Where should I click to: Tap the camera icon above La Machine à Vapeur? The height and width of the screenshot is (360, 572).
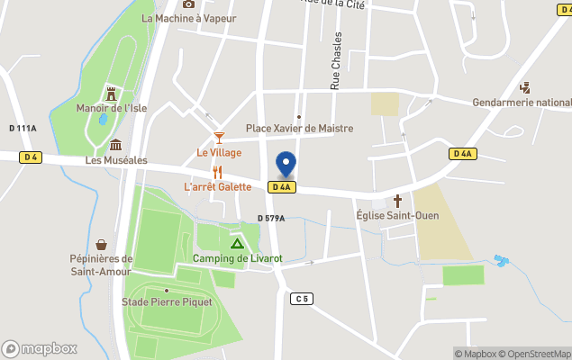click(x=188, y=4)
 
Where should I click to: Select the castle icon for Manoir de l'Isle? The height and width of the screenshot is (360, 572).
click(x=112, y=94)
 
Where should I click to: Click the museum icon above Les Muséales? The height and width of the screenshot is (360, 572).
click(x=115, y=146)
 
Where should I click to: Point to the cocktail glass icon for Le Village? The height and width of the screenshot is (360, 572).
click(x=219, y=138)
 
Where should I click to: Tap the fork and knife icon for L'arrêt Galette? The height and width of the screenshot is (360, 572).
click(x=217, y=172)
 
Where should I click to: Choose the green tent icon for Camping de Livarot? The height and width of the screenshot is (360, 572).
click(x=237, y=243)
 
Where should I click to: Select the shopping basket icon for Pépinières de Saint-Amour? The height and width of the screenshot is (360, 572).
click(x=102, y=244)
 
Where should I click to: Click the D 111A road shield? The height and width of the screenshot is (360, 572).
click(x=23, y=128)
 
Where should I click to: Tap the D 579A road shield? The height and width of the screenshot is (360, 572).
click(x=270, y=218)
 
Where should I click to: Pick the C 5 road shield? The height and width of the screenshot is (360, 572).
click(x=301, y=298)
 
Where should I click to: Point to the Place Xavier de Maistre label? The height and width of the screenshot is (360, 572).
click(x=299, y=129)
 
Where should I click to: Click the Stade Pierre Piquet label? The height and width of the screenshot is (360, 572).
click(x=168, y=302)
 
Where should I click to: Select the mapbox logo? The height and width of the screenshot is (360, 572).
click(x=40, y=348)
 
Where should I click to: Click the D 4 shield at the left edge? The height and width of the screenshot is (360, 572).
click(x=32, y=157)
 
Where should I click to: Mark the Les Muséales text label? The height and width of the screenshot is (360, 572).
click(x=116, y=160)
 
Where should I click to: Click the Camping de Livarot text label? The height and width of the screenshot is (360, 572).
click(x=237, y=259)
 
